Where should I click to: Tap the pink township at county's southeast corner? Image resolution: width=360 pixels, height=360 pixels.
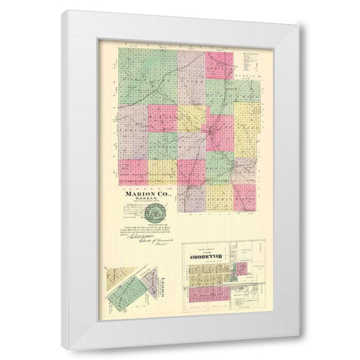click(x=244, y=196)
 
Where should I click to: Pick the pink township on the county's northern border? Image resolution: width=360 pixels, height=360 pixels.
click(x=219, y=64)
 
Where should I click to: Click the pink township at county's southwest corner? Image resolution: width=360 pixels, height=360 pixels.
click(x=132, y=172)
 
